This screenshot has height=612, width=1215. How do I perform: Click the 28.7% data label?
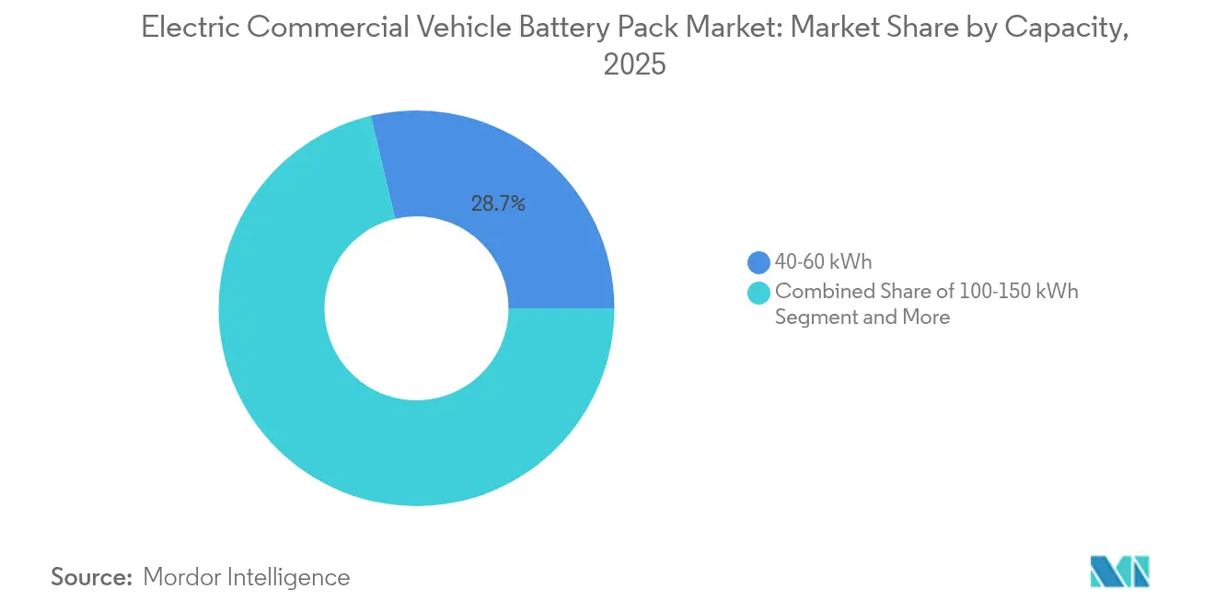coord(498,204)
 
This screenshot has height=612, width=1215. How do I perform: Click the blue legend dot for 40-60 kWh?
coord(758,262)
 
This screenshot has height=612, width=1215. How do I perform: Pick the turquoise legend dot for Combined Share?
coord(758,293)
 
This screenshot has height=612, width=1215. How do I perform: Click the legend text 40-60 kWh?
coord(823,262)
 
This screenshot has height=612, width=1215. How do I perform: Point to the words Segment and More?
coord(862,318)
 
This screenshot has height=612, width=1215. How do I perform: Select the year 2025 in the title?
coord(633,65)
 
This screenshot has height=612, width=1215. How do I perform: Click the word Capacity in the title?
coord(1064,29)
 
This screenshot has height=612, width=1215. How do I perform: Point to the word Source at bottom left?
coord(91,577)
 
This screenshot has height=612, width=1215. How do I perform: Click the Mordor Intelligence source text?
coord(247,577)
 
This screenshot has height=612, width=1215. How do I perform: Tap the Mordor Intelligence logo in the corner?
coord(1119,572)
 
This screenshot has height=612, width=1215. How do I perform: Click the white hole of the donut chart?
coord(416,308)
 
